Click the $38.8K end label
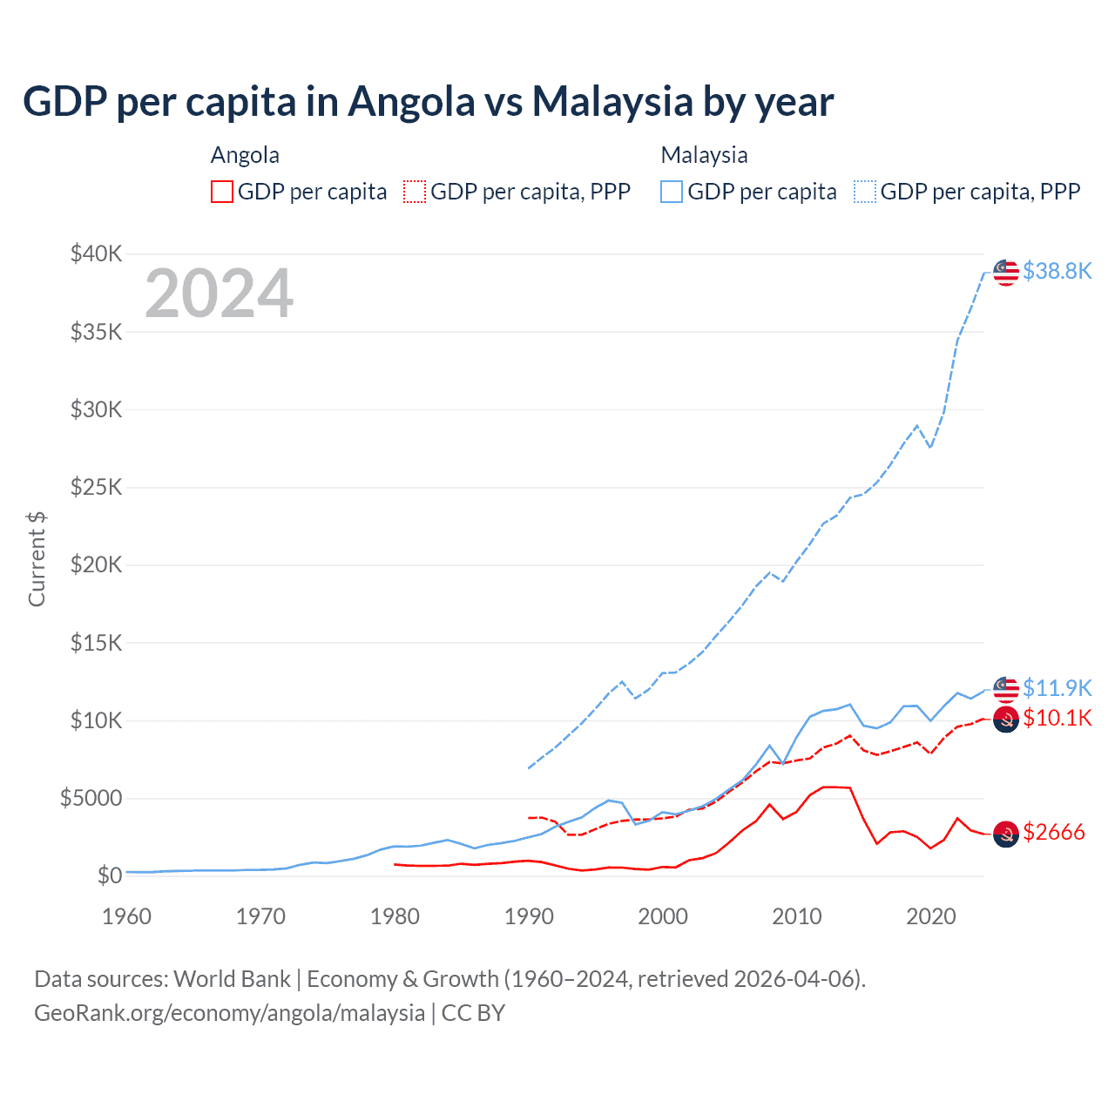point(1057,271)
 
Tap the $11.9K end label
point(1057,688)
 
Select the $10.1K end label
point(1057,718)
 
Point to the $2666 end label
point(1053,832)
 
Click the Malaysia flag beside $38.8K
point(1006,273)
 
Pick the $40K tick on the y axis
point(97,253)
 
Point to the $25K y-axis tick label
point(97,487)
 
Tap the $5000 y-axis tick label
point(91,798)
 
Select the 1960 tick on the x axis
point(126,916)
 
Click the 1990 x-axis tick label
point(529,916)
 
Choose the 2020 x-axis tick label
point(930,916)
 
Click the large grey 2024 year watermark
point(219,294)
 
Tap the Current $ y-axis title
point(37,558)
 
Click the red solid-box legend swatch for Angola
point(222,192)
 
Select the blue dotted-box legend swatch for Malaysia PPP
point(865,192)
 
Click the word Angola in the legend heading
point(245,155)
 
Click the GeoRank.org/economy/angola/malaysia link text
point(229,1013)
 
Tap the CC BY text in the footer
point(473,1013)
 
